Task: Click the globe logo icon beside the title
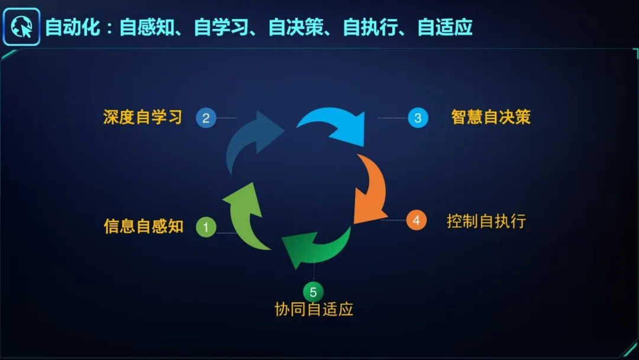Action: click(21, 27)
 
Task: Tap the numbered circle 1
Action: click(206, 227)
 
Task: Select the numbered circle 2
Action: click(205, 118)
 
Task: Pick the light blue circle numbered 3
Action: click(418, 118)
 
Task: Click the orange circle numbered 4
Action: click(417, 220)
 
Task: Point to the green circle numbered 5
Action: click(313, 292)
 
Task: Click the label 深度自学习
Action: click(143, 117)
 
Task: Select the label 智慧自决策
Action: click(490, 117)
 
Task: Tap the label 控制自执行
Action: click(486, 221)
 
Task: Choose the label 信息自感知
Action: click(143, 226)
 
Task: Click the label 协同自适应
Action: click(314, 309)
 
